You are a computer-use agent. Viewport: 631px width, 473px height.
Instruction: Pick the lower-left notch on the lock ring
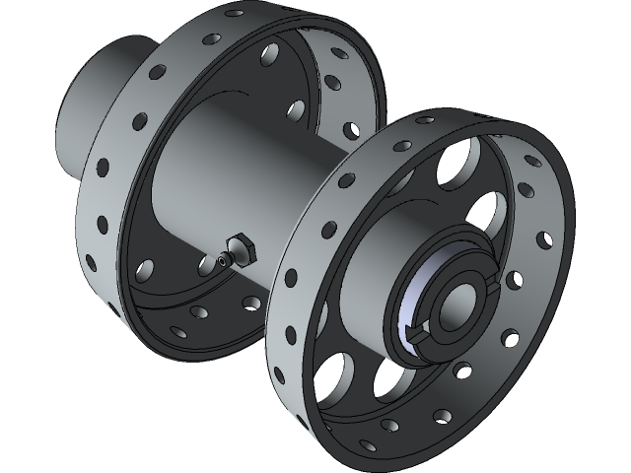(x=415, y=336)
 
